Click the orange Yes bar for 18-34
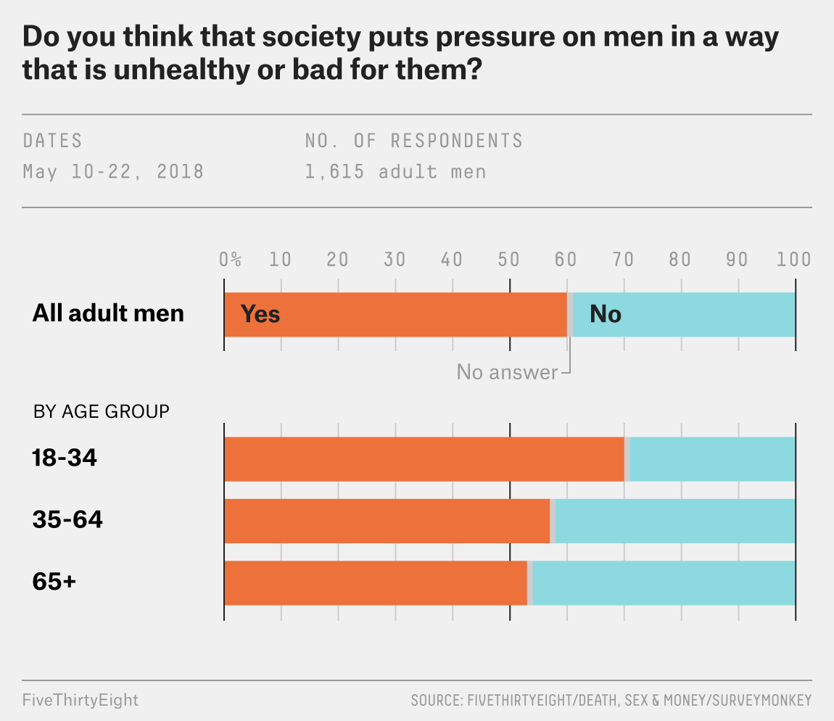(x=424, y=459)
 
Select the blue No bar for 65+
(x=664, y=582)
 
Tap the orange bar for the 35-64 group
(x=387, y=521)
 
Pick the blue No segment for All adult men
(x=684, y=314)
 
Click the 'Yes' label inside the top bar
(x=260, y=314)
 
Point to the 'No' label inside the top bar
(x=606, y=314)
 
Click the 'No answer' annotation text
(x=507, y=372)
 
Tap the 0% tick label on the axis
(x=231, y=260)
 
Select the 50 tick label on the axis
(x=509, y=260)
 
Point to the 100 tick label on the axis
(x=794, y=260)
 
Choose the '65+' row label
(x=54, y=582)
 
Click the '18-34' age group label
(x=65, y=458)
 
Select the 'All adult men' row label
(x=108, y=313)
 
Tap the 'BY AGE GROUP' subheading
(x=102, y=412)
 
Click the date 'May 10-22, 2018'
(x=113, y=172)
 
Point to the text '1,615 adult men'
(x=395, y=172)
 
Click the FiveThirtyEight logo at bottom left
(x=80, y=700)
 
